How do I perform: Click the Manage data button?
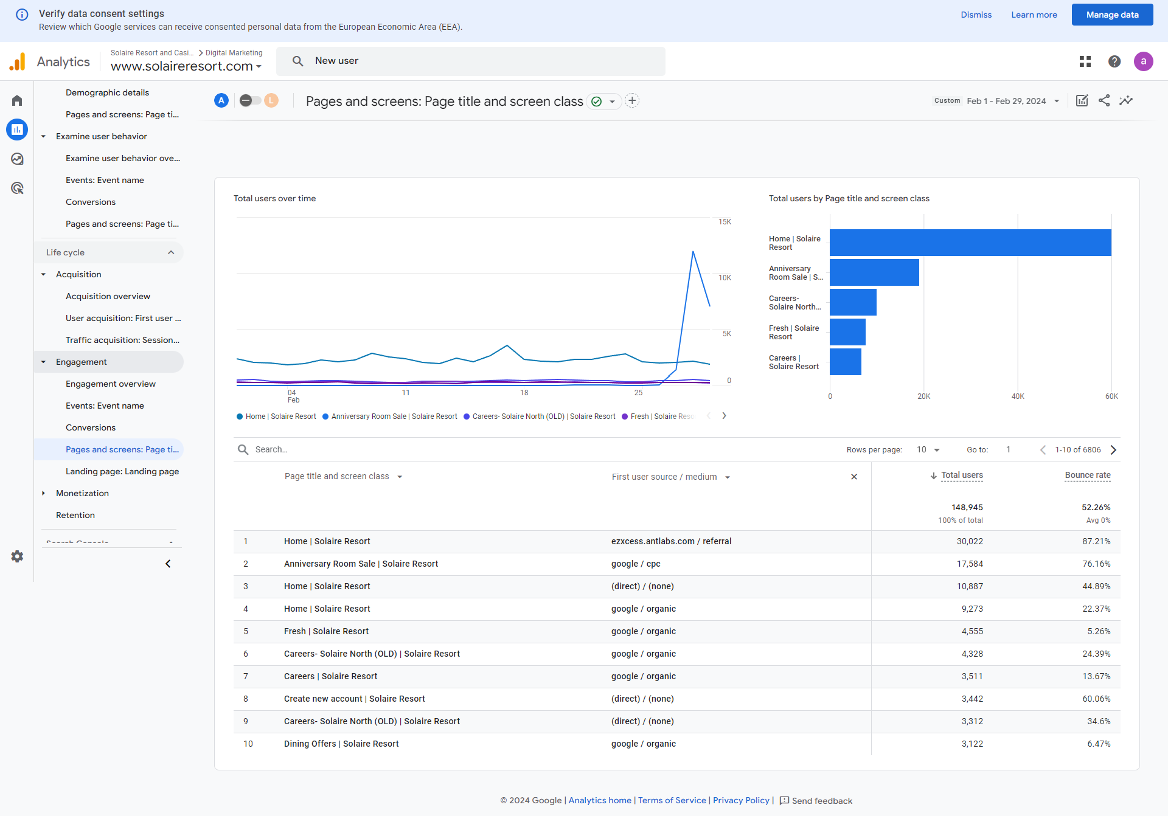tap(1112, 15)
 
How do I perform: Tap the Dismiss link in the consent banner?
tap(976, 15)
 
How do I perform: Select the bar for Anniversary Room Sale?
tap(874, 272)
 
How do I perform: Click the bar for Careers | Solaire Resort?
tap(846, 362)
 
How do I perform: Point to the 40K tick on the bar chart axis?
tap(1018, 396)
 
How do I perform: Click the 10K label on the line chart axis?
tap(725, 278)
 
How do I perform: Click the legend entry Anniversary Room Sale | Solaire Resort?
tap(390, 417)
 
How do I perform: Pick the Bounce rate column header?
tap(1088, 475)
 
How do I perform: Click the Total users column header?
tap(962, 475)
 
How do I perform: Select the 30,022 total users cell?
tap(970, 541)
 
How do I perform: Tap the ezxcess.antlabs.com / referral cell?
tap(672, 541)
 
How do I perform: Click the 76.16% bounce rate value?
tap(1096, 564)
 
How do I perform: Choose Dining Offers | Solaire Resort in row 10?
tap(341, 744)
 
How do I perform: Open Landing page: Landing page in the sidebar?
tap(122, 471)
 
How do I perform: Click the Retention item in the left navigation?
tap(75, 515)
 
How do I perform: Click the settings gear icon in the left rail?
tap(17, 556)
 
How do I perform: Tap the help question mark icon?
tap(1114, 61)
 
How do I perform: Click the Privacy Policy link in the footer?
tap(741, 800)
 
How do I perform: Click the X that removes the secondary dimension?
tap(854, 477)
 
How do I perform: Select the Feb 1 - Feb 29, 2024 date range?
tap(1006, 101)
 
